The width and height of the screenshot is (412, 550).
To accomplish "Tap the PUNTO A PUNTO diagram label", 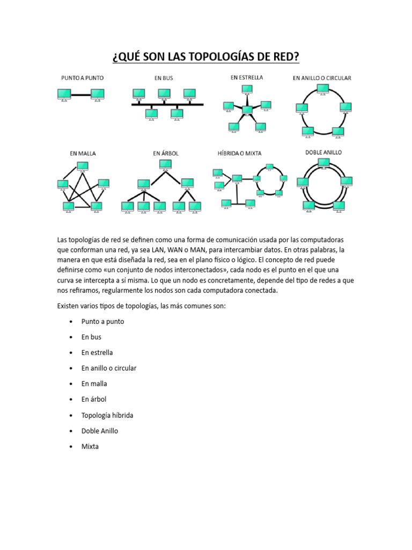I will click(x=82, y=78).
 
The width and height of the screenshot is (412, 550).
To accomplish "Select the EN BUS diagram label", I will click(x=164, y=78).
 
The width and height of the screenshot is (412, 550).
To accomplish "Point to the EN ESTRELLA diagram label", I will click(x=247, y=77).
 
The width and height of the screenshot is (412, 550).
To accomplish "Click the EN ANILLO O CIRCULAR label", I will click(x=322, y=78).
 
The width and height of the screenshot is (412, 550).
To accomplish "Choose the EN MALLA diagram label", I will click(x=83, y=153).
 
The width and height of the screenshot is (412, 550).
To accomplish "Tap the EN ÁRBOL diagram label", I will click(x=166, y=153).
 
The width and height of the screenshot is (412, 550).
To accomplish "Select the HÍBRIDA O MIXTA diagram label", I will click(x=239, y=153).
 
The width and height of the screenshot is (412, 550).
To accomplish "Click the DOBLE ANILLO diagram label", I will click(x=323, y=153).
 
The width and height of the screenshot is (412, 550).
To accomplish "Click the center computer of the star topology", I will click(x=247, y=110).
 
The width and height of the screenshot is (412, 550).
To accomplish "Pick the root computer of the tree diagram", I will click(x=166, y=164).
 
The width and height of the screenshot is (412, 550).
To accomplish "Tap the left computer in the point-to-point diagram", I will click(x=64, y=95).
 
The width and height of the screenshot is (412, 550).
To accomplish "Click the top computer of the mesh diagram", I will click(x=83, y=165).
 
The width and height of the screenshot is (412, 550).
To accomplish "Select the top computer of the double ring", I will click(x=324, y=162).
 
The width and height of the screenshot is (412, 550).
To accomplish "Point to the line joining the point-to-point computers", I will click(x=80, y=95).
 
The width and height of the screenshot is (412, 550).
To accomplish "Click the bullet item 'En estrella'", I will click(x=97, y=352).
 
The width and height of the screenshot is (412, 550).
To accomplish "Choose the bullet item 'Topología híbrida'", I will click(x=107, y=415).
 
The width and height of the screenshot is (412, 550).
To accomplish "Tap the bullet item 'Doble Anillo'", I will click(x=100, y=431).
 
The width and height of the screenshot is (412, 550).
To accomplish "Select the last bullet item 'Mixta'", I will click(x=90, y=446).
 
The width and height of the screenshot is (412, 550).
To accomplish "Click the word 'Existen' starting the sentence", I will click(x=68, y=306).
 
